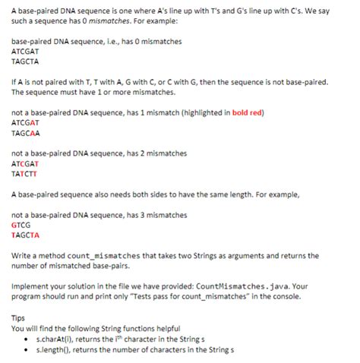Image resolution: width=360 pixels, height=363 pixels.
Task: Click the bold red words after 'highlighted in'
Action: click(246, 113)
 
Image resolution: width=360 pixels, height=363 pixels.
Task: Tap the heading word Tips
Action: click(19, 317)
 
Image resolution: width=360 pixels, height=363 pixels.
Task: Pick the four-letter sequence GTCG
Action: click(21, 225)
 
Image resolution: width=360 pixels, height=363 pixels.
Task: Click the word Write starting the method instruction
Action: click(23, 255)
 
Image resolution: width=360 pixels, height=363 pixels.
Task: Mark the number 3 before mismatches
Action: click(135, 215)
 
